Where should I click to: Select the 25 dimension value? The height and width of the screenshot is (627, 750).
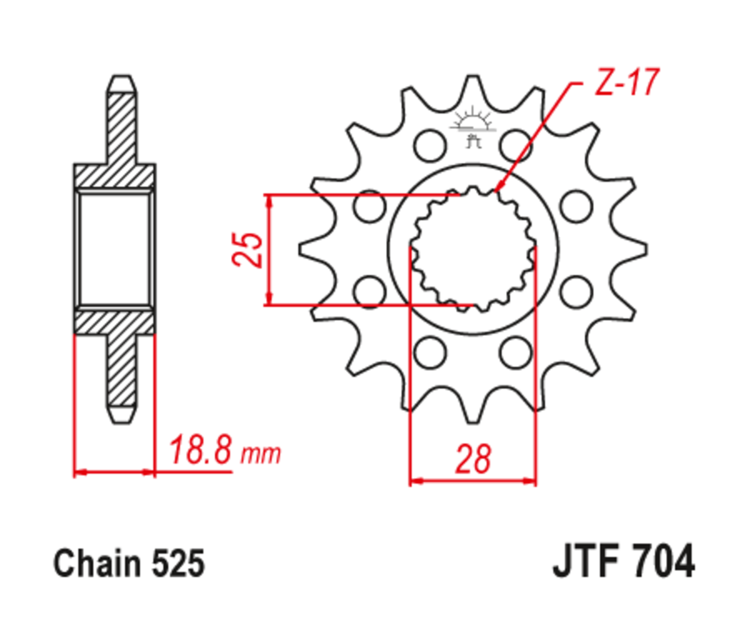248,249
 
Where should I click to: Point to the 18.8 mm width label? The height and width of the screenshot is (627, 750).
223,453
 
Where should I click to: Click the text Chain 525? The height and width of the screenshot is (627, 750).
128,564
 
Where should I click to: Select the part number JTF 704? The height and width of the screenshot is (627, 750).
622,562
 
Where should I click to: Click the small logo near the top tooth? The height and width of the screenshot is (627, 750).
472,127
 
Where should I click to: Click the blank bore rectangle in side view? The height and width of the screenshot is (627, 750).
116,248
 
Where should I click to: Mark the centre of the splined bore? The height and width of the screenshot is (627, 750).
472,248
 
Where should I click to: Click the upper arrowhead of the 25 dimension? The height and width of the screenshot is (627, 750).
268,201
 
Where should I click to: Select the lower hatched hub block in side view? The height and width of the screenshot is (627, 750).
116,321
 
